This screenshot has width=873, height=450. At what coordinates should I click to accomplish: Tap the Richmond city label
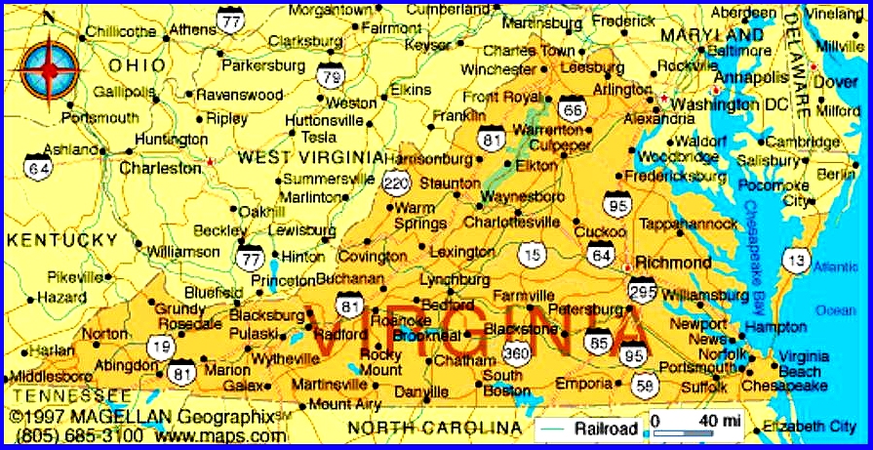[x=673, y=263]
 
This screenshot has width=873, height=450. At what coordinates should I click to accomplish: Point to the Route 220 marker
[x=396, y=182]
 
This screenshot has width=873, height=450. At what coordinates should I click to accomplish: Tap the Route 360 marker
[x=515, y=352]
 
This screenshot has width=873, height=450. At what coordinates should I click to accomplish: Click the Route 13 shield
[x=798, y=259]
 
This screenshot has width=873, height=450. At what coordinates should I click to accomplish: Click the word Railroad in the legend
[x=606, y=429]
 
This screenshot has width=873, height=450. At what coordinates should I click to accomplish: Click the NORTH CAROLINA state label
[x=435, y=429]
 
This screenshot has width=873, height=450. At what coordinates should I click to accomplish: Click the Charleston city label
[x=160, y=168]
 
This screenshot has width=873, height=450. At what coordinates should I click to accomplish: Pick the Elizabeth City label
[x=809, y=427]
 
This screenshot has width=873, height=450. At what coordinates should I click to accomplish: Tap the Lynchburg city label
[x=455, y=279]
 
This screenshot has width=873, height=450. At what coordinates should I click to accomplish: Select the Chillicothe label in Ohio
[x=123, y=32]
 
